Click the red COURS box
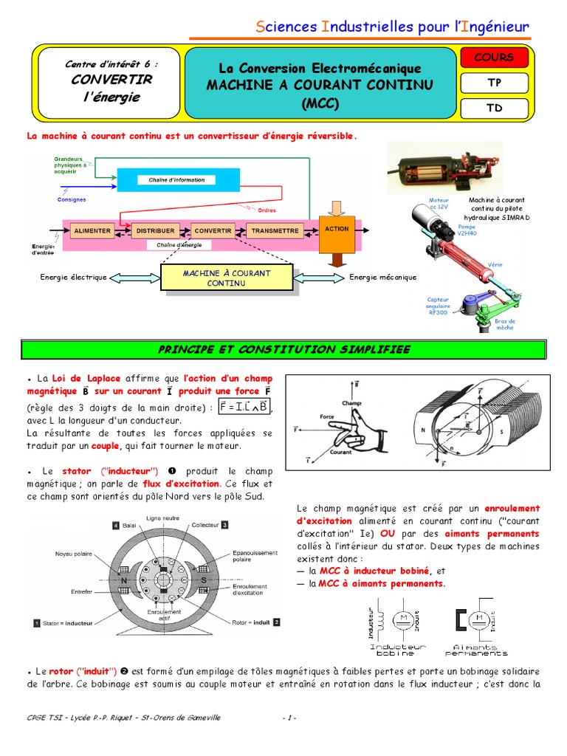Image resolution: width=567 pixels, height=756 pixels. (494, 58)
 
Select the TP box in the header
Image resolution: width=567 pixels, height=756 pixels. (494, 83)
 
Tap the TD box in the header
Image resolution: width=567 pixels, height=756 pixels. (494, 108)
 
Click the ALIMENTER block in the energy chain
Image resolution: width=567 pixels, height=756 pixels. (92, 231)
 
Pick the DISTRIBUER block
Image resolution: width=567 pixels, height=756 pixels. (154, 231)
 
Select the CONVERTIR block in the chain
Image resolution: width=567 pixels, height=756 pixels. (213, 231)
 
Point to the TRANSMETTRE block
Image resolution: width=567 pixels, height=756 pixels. (275, 231)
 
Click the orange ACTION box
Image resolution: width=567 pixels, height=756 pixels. (337, 230)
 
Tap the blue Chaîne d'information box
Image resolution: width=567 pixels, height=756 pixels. (171, 179)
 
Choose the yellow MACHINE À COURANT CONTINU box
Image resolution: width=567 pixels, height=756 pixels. (227, 278)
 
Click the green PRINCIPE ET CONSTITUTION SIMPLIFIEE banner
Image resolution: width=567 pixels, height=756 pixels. (283, 348)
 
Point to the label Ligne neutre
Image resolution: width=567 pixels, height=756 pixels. (163, 517)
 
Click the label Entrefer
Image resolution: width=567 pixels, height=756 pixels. (81, 591)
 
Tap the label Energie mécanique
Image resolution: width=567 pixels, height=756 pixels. (383, 278)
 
